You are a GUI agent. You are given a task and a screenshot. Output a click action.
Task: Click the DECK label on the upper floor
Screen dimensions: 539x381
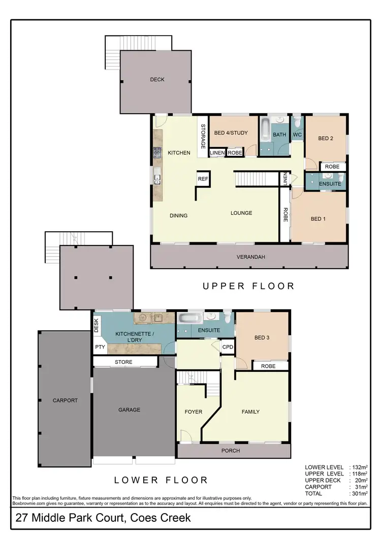tap(157, 79)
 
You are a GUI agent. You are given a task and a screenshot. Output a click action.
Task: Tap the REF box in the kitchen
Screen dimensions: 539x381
tap(203, 179)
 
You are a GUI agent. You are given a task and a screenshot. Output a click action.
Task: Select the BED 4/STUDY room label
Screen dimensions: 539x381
tap(231, 133)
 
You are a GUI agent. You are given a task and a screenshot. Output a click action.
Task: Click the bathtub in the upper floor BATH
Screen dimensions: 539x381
tap(266, 131)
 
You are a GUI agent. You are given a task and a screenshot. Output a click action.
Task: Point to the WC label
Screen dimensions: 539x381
tap(297, 135)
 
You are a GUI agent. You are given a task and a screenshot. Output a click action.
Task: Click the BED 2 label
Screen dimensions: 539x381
tap(325, 138)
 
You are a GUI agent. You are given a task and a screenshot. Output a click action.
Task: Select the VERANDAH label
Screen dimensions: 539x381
tap(250, 257)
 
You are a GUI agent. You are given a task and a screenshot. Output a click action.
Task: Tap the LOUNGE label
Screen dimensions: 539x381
tap(241, 213)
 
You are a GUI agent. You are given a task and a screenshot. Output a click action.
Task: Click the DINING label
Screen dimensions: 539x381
tap(178, 215)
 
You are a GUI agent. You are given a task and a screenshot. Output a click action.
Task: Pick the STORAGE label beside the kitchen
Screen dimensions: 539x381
tap(203, 136)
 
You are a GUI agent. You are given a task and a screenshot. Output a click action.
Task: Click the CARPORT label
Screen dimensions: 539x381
tap(65, 400)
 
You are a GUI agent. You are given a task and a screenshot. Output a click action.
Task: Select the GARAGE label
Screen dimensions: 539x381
tap(129, 409)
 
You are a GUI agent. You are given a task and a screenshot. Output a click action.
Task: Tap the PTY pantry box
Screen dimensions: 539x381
tap(99, 347)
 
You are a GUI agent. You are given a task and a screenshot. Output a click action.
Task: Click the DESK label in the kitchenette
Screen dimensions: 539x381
tap(97, 325)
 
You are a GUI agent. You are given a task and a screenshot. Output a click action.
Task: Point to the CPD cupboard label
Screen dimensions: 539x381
tap(228, 347)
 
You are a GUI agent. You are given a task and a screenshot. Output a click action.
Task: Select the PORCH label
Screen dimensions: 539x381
tap(231, 451)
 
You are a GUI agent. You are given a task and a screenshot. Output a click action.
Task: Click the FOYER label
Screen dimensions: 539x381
tap(193, 412)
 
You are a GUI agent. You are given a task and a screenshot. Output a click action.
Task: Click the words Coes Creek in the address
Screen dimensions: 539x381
tap(161, 518)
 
